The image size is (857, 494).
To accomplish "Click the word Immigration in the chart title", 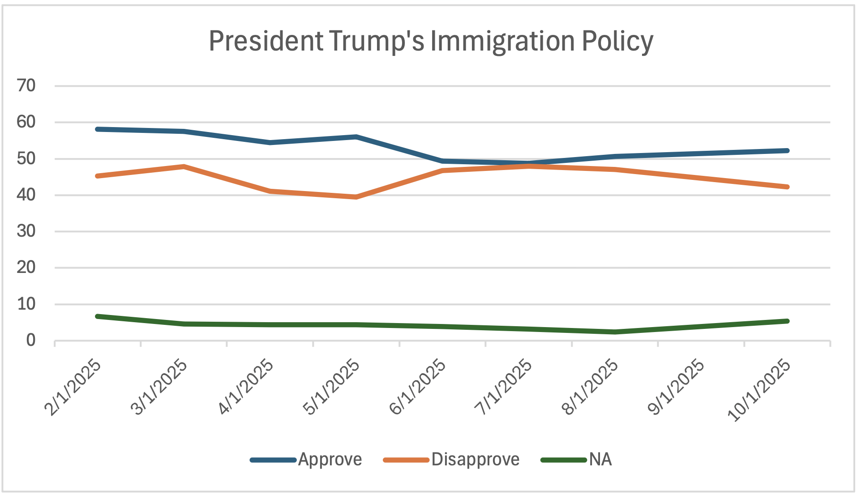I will [x=502, y=41].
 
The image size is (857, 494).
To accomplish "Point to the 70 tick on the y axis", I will [x=26, y=85].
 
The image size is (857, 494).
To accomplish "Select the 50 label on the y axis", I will [x=26, y=158].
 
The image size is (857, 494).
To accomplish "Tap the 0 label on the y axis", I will [x=30, y=341].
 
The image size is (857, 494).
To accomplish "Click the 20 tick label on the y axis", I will [x=26, y=268].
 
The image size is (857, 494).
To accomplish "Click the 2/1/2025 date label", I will [x=73, y=388].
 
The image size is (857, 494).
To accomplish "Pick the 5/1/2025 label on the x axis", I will [x=332, y=388].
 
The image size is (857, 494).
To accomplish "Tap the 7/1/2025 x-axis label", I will [x=504, y=388].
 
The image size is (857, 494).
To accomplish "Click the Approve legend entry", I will [x=330, y=460].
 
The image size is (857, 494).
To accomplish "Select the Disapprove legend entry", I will [x=475, y=460].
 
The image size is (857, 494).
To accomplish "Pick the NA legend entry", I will [x=600, y=460].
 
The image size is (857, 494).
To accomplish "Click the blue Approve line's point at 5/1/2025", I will [x=356, y=136].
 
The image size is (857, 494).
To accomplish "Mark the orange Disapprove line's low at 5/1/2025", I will [x=356, y=197].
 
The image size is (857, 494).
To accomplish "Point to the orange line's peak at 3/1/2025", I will [x=184, y=166].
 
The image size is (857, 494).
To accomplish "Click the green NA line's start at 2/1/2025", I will [x=97, y=316].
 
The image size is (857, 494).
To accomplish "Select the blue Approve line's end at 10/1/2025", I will [x=787, y=150].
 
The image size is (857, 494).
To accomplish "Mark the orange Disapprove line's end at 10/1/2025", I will [x=787, y=187].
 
